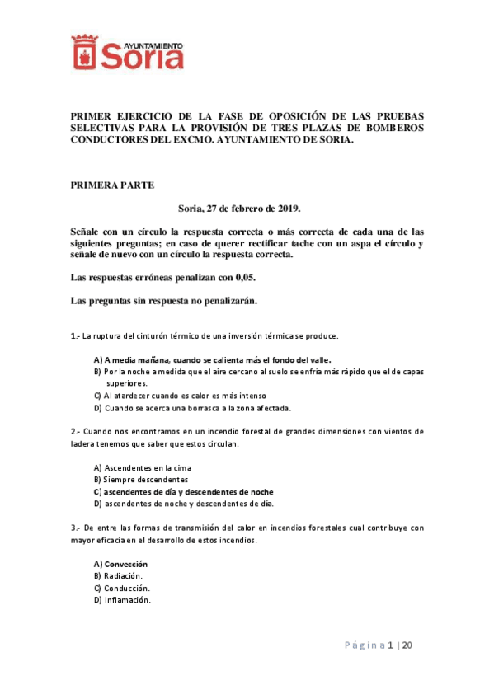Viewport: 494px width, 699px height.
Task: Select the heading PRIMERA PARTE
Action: pos(112,185)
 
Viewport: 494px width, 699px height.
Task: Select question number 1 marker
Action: pos(75,336)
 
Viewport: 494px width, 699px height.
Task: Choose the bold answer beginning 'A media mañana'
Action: pos(213,360)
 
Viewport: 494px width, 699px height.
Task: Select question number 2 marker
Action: pos(75,431)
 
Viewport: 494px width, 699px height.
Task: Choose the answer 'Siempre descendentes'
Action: pos(141,479)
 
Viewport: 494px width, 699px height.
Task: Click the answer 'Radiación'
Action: pos(119,575)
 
